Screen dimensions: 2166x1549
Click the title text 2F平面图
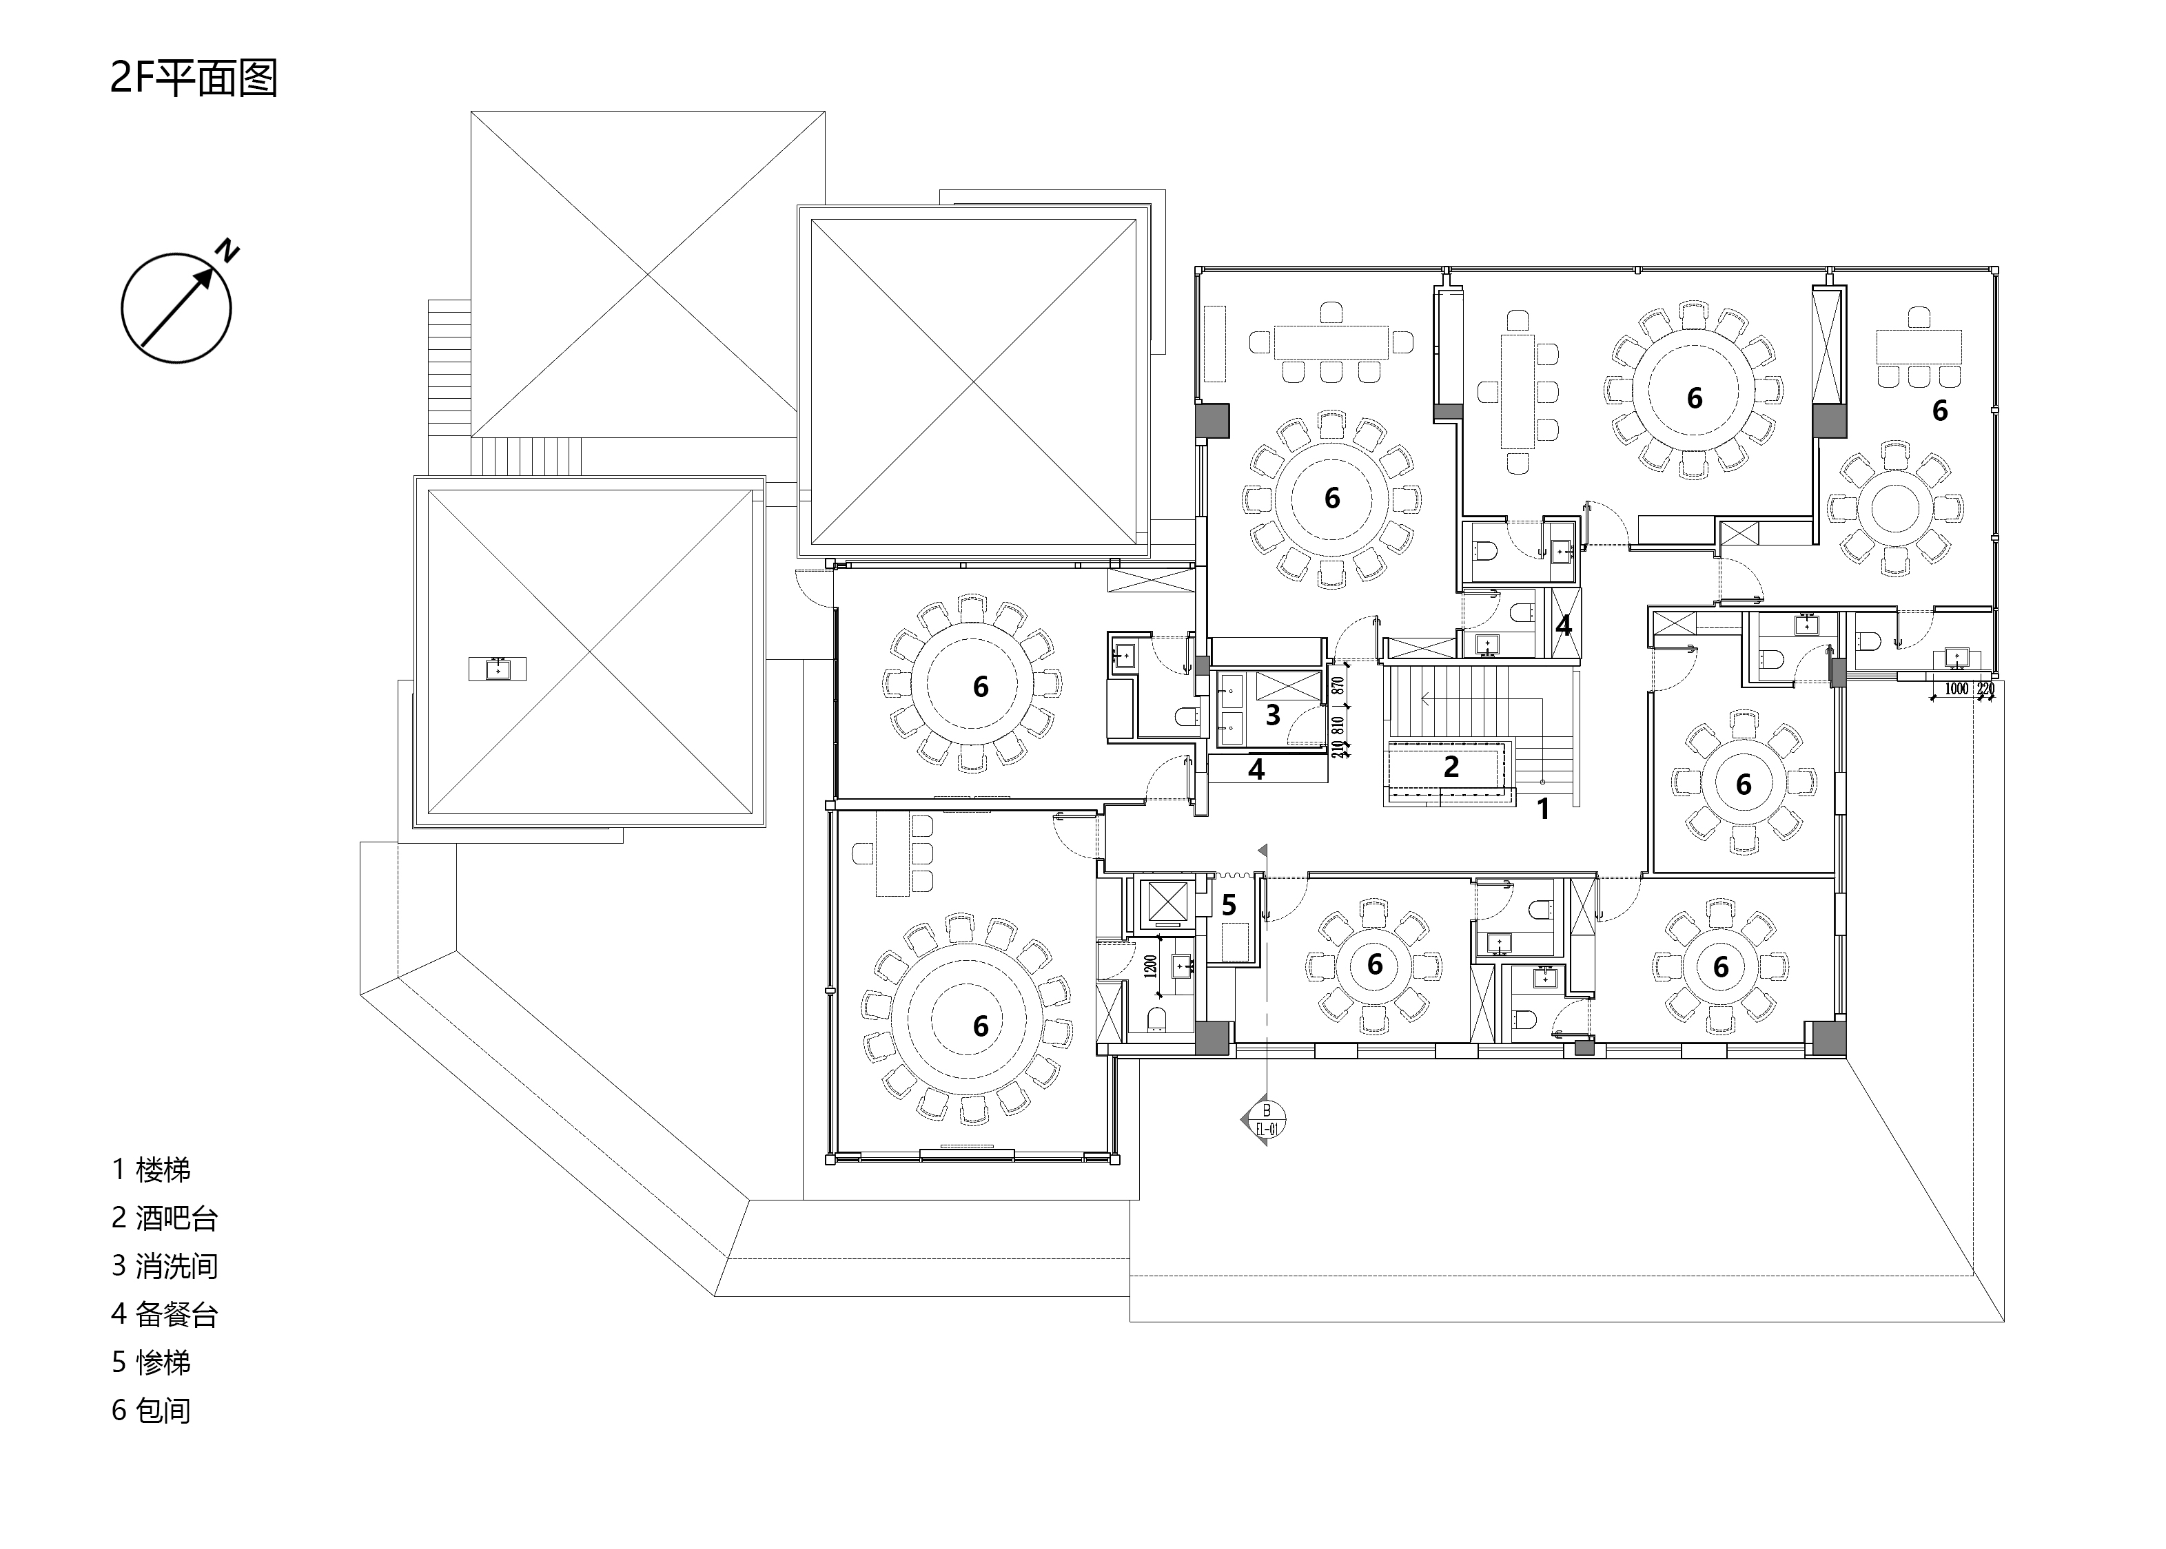(x=194, y=79)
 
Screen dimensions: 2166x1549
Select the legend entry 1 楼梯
(x=151, y=1169)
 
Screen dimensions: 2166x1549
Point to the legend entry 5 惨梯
(x=151, y=1362)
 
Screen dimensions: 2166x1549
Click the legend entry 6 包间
(x=151, y=1411)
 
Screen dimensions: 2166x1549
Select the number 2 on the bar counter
(x=1451, y=767)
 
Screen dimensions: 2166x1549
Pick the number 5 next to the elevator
(x=1229, y=904)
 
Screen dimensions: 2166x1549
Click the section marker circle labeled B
(x=1266, y=1117)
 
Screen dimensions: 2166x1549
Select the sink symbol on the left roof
(x=497, y=669)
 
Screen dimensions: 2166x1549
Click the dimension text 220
(x=1985, y=689)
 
